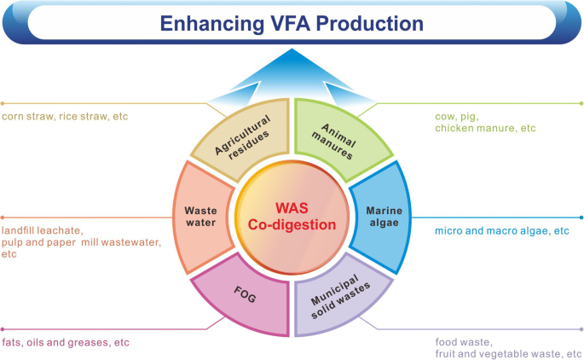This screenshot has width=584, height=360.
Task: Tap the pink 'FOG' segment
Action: tap(242, 294)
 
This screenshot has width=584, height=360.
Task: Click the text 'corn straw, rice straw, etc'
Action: tap(65, 116)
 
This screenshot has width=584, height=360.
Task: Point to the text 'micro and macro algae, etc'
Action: tap(500, 231)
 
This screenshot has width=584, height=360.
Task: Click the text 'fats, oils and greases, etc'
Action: tap(66, 342)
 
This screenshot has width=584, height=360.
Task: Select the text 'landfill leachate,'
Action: tap(43, 230)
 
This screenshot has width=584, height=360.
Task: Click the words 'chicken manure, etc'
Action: tap(485, 128)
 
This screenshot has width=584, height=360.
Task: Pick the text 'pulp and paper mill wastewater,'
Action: tap(82, 242)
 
